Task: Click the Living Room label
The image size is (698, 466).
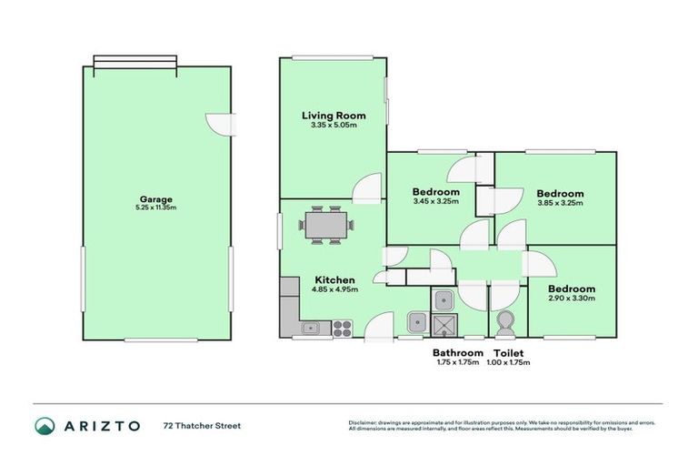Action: [334, 116]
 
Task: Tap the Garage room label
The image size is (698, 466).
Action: [156, 199]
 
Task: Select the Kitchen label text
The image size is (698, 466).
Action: [334, 279]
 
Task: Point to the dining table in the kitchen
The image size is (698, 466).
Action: [324, 224]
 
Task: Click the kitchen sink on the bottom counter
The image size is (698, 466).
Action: [310, 326]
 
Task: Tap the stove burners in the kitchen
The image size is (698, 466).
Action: [343, 325]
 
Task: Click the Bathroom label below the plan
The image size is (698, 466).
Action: [457, 352]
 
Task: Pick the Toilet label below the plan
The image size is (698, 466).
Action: [509, 352]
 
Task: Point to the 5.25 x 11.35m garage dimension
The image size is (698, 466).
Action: [156, 208]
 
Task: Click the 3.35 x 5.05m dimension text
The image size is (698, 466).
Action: [334, 126]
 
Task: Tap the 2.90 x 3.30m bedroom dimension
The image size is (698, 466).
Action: [572, 299]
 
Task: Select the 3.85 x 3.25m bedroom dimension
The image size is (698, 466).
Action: [560, 203]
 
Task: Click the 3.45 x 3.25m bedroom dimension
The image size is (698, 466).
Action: [435, 202]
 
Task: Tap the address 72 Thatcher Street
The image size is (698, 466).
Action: [202, 425]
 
